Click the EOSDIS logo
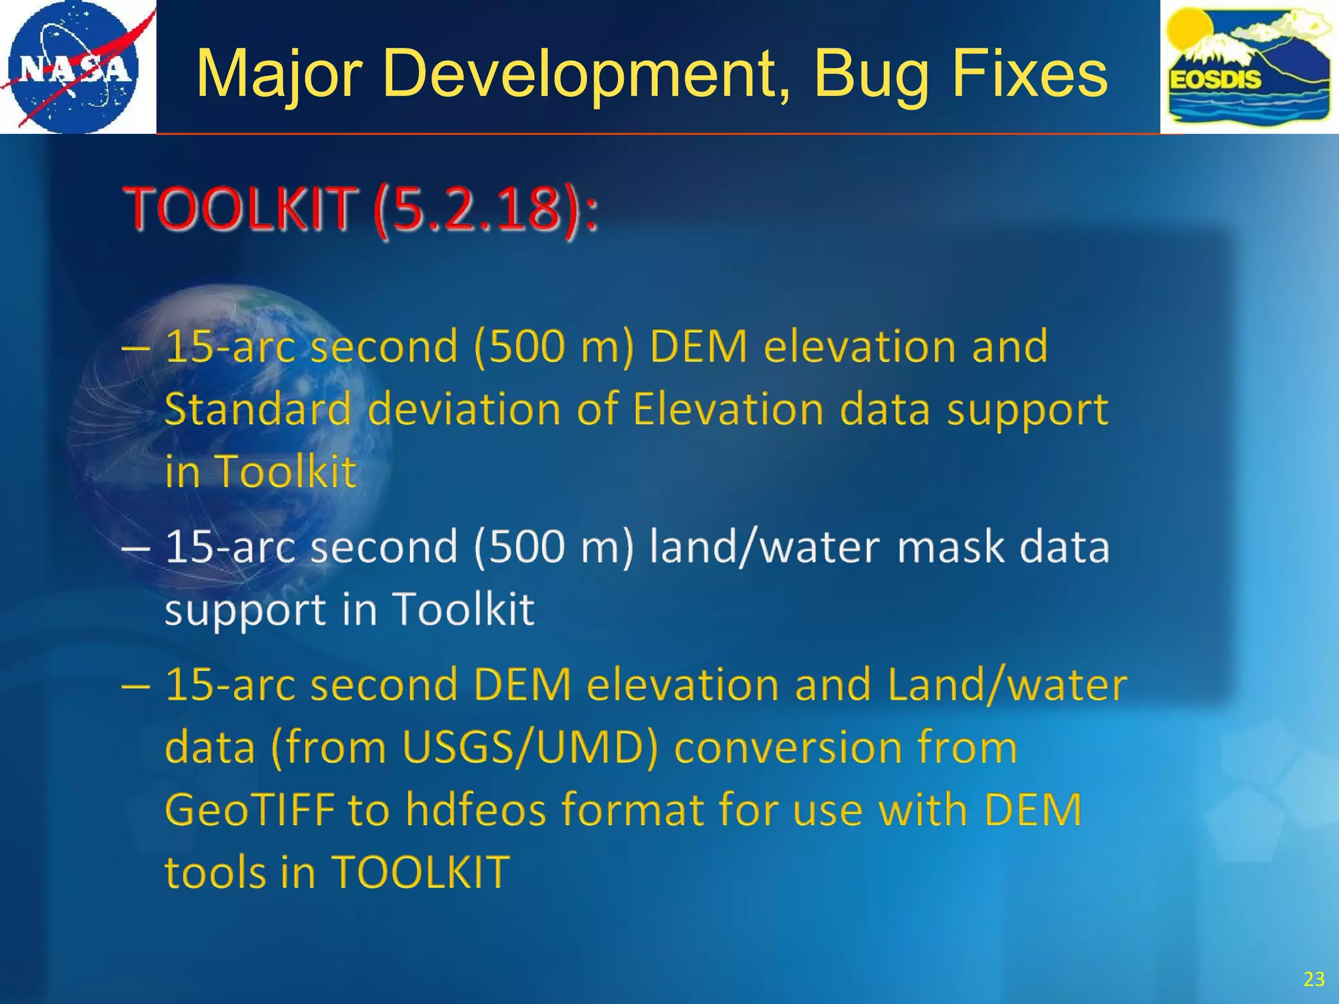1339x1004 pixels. (x=1249, y=67)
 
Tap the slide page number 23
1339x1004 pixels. (x=1314, y=979)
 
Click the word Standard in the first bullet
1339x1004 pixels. (x=258, y=409)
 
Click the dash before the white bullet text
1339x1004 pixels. (x=135, y=548)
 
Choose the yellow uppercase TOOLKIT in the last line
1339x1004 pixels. (x=420, y=872)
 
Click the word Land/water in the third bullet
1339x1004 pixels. (x=1007, y=685)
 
